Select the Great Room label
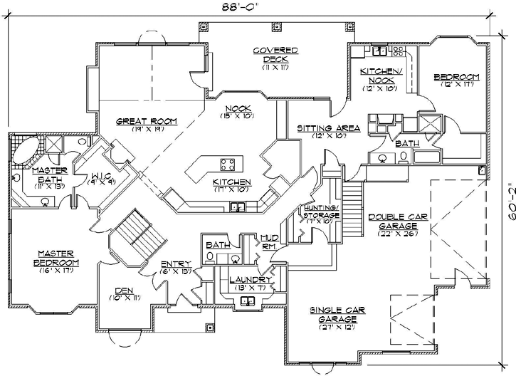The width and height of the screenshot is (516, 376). coord(147,122)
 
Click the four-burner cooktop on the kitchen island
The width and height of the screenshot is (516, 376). coord(228,165)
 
